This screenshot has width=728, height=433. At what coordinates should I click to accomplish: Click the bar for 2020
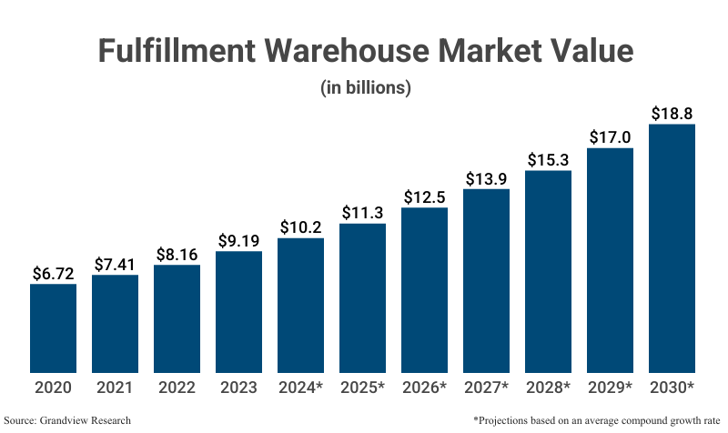53,327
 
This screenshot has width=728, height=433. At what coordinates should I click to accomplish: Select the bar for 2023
238,311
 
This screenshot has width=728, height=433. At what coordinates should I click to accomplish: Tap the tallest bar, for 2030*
672,247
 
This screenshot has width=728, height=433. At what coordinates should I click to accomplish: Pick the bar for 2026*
424,289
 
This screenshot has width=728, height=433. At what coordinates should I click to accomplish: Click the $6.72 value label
53,273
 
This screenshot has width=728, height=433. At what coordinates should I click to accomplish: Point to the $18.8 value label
672,114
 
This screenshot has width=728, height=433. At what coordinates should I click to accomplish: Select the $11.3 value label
362,213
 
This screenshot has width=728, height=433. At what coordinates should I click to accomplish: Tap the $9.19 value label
238,241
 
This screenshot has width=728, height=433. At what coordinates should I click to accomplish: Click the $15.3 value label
548,160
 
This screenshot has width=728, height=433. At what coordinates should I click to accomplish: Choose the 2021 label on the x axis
115,388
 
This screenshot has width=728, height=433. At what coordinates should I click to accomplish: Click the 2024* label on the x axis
300,388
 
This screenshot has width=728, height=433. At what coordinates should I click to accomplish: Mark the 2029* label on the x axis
610,388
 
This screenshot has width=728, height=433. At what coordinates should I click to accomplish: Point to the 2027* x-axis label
486,388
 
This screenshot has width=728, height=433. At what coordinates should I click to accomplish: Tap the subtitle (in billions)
364,88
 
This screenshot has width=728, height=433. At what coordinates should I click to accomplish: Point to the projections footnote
596,420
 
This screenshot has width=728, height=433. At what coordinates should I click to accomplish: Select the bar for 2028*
548,271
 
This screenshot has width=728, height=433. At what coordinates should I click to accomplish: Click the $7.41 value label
115,264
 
